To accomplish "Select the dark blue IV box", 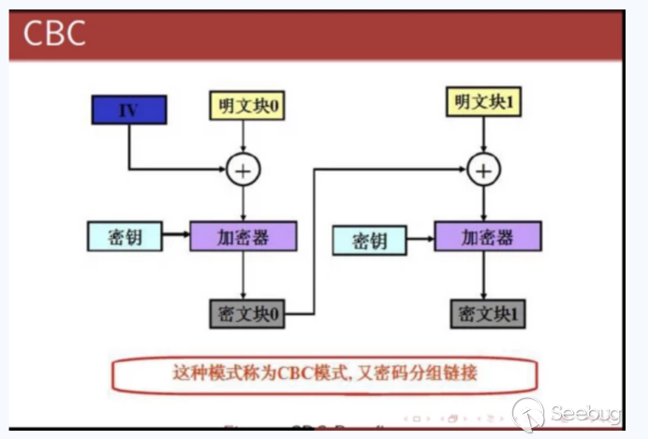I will (x=128, y=110).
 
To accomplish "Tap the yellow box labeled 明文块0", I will (x=244, y=107).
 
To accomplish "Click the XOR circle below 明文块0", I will (x=243, y=169).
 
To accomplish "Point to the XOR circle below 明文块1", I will (x=483, y=170).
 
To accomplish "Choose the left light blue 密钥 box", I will (x=124, y=235).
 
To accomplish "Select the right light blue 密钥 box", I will (x=370, y=242).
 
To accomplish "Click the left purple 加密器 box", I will (x=243, y=235).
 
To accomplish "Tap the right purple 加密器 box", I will (x=487, y=236).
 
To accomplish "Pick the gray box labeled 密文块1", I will (x=487, y=313).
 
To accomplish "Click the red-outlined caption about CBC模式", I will (x=324, y=374).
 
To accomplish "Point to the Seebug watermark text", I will (x=585, y=414).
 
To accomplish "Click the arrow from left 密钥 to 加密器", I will (x=175, y=235).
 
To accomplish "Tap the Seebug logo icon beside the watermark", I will (x=528, y=413).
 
